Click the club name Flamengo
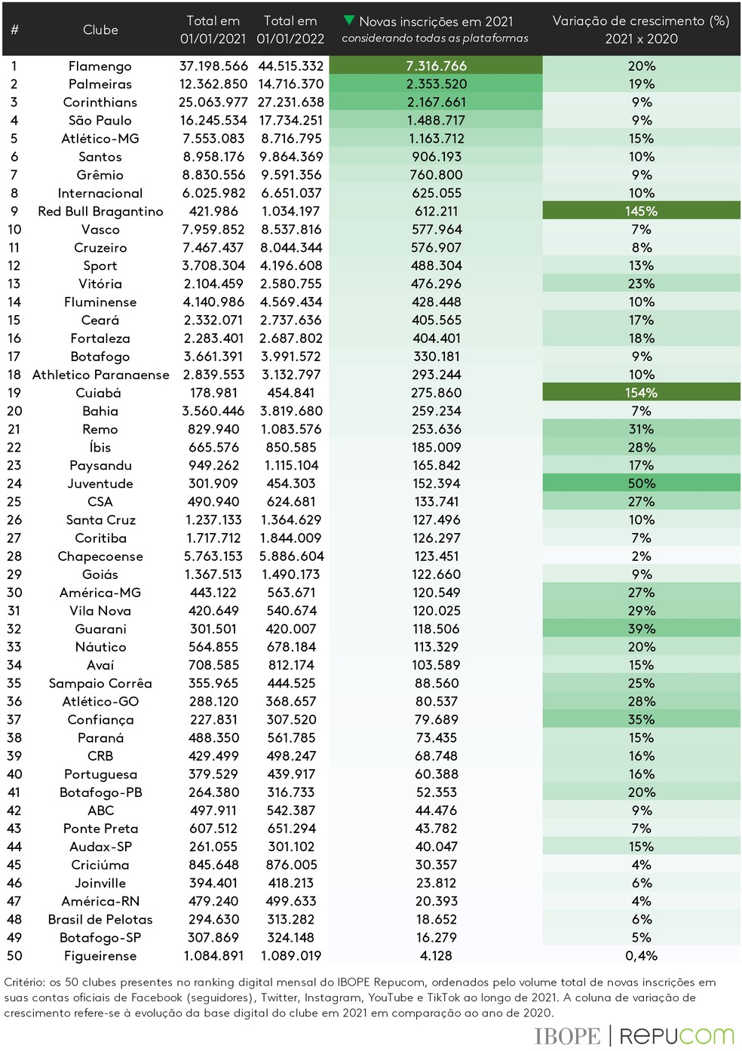[x=100, y=66]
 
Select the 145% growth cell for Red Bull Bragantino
[x=641, y=211]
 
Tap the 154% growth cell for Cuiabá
[x=641, y=393]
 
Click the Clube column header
[x=100, y=30]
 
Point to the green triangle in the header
[x=348, y=20]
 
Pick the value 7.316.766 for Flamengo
[x=436, y=66]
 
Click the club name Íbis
[x=100, y=447]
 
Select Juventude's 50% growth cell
[x=641, y=483]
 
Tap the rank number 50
[x=14, y=955]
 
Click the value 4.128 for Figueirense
[x=436, y=955]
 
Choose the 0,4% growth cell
[x=641, y=955]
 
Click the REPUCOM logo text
[x=676, y=1036]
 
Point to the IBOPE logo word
[x=567, y=1036]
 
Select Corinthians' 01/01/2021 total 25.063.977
[x=213, y=103]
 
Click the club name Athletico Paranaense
[x=100, y=375]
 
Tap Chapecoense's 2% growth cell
[x=641, y=556]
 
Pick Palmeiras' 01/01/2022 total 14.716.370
[x=290, y=84]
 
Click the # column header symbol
[x=14, y=30]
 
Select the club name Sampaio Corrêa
[x=100, y=683]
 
